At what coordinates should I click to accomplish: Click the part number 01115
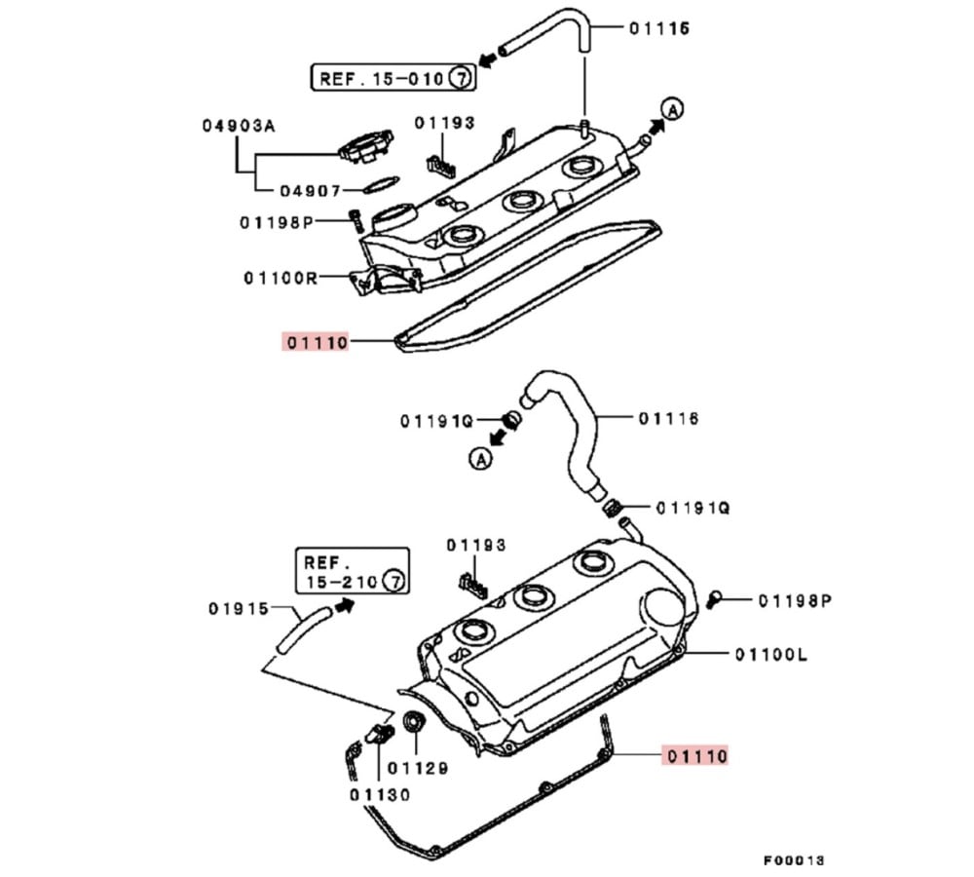[x=658, y=28]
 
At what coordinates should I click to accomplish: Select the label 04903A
[x=239, y=126]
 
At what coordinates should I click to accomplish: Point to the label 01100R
[x=281, y=278]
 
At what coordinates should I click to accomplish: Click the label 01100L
[x=771, y=654]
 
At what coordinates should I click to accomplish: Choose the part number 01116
[x=669, y=419]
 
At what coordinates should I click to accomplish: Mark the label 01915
[x=238, y=609]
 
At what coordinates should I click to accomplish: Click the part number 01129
[x=418, y=769]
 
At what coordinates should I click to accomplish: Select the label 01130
[x=381, y=794]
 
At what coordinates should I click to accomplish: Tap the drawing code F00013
[x=794, y=859]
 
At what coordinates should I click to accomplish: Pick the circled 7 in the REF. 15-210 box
[x=393, y=582]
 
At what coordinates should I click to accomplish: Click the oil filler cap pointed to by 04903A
[x=364, y=146]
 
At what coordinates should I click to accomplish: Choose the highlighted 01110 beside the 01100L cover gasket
[x=696, y=755]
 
